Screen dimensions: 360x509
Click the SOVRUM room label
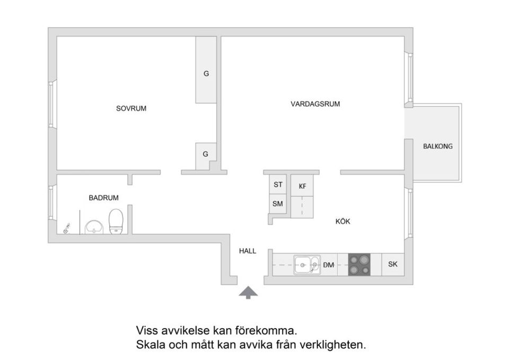tap(131, 109)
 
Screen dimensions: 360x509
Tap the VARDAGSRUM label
tap(315, 104)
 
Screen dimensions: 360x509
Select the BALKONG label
tap(437, 146)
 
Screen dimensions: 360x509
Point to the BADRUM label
tap(103, 198)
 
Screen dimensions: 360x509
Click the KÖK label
tap(343, 222)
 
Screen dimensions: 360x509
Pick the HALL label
tap(247, 251)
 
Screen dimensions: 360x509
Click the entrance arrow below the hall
tap(248, 292)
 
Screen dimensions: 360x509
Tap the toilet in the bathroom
tap(116, 221)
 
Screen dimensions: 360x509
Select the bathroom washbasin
tap(94, 227)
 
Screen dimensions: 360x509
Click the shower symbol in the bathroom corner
tap(66, 229)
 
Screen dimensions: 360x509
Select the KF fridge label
tap(302, 186)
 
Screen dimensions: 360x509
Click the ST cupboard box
tap(278, 185)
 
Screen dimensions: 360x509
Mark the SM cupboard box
tap(277, 204)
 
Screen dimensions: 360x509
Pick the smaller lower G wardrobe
tap(205, 155)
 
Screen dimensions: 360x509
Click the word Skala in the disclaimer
tap(150, 345)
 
